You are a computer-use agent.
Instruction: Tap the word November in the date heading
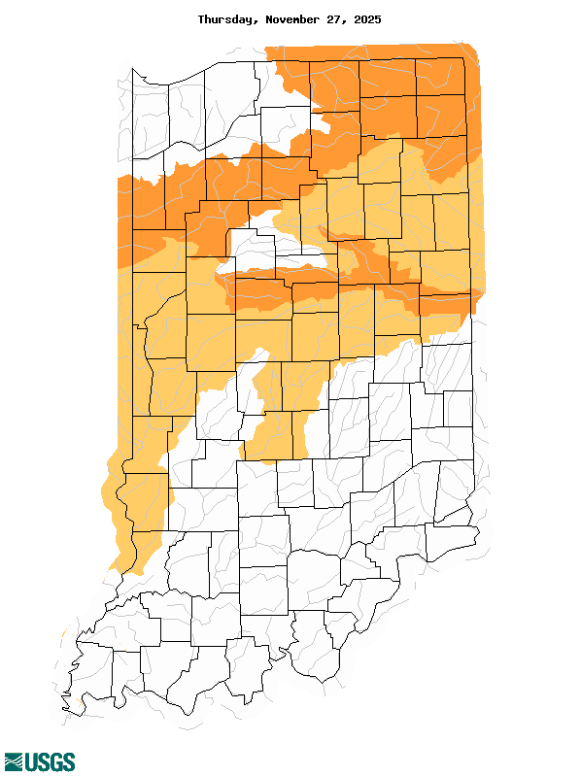[297, 19]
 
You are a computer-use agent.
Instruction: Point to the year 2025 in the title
[367, 19]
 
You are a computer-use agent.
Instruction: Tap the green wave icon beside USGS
[13, 761]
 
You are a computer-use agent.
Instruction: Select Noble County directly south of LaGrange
[389, 117]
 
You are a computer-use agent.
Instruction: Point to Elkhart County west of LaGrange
[335, 83]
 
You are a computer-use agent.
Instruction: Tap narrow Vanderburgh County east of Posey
[126, 670]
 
